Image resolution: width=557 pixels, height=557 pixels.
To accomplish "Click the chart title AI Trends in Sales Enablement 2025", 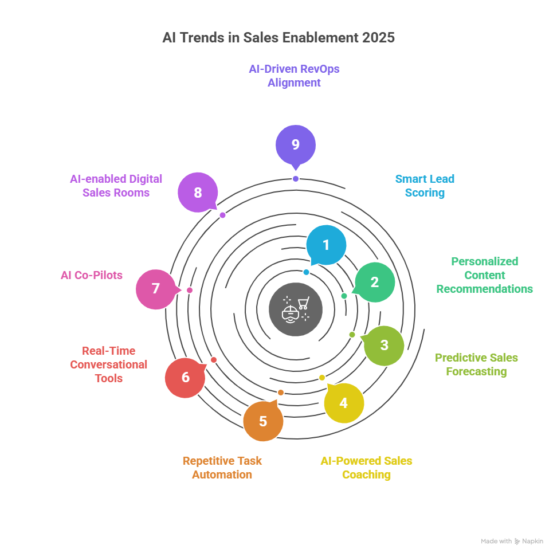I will point(278,38).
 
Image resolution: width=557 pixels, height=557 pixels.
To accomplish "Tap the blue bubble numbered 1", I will point(326,245).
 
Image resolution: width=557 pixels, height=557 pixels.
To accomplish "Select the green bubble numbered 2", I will point(375,282).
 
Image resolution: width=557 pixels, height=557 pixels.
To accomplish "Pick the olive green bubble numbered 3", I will point(385,345).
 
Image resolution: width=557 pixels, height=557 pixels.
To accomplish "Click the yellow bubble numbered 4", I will point(343,403).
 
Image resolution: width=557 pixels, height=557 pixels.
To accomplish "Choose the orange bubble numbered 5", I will point(263,421).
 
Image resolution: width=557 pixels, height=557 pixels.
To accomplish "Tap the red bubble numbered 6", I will point(185,378).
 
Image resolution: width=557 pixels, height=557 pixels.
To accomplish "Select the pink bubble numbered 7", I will point(156,288).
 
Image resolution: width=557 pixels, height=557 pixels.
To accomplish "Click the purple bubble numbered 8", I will point(198,193).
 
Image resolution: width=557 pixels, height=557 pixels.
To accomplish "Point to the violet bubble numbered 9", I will point(295,144).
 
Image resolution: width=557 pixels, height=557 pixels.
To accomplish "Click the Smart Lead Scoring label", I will point(425,186).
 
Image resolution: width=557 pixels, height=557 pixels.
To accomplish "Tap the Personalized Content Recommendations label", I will point(484,275).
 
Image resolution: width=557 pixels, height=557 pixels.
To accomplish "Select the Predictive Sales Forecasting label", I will point(476,364).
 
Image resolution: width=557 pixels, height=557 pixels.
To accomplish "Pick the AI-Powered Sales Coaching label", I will point(366,468).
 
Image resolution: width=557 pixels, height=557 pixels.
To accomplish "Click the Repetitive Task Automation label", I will point(222,468).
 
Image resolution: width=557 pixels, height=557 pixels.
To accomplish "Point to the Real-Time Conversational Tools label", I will point(108,364).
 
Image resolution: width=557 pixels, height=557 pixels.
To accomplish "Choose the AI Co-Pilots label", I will point(92,275).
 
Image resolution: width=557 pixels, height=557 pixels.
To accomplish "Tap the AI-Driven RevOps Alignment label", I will point(294,76).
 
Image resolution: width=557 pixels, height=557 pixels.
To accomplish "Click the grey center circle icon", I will point(296,309).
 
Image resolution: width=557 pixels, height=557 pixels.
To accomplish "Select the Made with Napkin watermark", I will point(512,541).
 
